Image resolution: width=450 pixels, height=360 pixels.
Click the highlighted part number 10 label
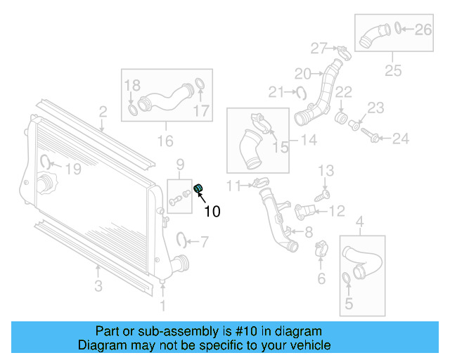pos(212,210)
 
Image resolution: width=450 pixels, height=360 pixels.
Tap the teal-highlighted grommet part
pos(198,187)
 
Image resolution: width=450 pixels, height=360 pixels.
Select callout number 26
pos(423,29)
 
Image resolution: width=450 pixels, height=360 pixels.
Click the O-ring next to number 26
pos(399,29)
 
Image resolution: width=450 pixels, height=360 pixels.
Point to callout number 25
pos(392,70)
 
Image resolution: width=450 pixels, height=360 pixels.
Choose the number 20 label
pos(302,73)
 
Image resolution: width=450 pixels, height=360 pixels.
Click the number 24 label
pos(400,139)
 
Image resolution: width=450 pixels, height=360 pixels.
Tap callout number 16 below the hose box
pos(165,141)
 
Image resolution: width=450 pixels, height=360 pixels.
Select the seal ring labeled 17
pos(199,86)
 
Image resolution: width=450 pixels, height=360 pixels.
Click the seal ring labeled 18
pos(134,110)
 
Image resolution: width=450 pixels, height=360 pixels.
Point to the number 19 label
pos(73,169)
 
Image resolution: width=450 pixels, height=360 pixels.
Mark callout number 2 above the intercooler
pos(103,111)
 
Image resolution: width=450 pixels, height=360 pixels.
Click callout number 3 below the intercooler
pos(98,285)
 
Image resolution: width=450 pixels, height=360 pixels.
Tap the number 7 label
pos(204,243)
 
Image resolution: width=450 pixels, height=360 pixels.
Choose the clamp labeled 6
pos(320,247)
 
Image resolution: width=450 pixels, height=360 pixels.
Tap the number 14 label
pos(308,140)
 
